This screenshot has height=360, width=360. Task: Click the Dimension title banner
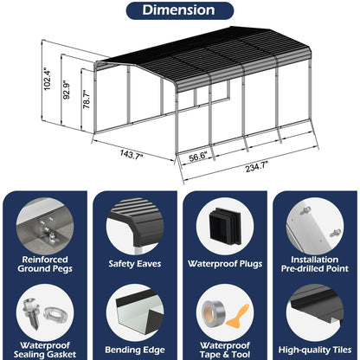[x=180, y=10]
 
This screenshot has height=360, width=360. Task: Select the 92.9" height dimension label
[x=67, y=90]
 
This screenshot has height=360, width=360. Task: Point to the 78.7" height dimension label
[x=87, y=99]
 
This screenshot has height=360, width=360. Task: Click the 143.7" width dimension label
[x=132, y=154]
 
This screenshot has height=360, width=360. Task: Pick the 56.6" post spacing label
[x=198, y=157]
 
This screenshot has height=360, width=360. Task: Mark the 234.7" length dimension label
[x=257, y=167]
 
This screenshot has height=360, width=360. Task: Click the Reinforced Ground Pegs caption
[x=45, y=264]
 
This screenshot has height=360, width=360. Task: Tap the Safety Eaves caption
[x=135, y=264]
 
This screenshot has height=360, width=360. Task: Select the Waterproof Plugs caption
[x=225, y=264]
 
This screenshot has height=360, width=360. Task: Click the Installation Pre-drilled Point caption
[x=315, y=264]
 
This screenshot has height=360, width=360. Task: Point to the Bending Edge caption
[x=135, y=350]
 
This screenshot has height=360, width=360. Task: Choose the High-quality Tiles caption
[x=315, y=350]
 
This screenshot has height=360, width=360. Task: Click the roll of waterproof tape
[x=214, y=313]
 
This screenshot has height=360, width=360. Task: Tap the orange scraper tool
[x=238, y=317]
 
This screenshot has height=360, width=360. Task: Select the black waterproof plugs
[x=225, y=226]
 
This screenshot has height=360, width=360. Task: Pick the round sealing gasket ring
[x=53, y=314]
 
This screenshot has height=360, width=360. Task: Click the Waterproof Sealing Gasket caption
[x=45, y=350]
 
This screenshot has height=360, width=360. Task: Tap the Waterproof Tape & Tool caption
[x=225, y=350]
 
